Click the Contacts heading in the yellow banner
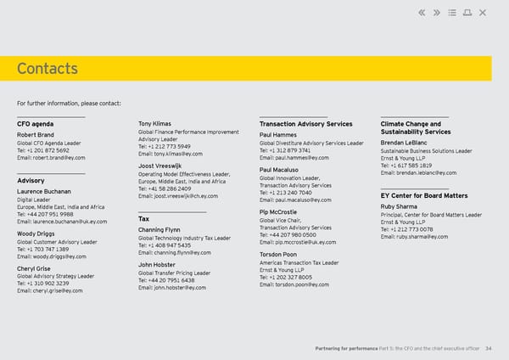[x=47, y=69]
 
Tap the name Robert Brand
[x=36, y=134]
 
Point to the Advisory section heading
[x=31, y=180]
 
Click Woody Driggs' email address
[x=51, y=256]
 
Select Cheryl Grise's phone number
[x=43, y=284]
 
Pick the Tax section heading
[x=143, y=219]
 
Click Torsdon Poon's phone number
[x=288, y=278]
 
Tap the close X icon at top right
[x=483, y=12]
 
